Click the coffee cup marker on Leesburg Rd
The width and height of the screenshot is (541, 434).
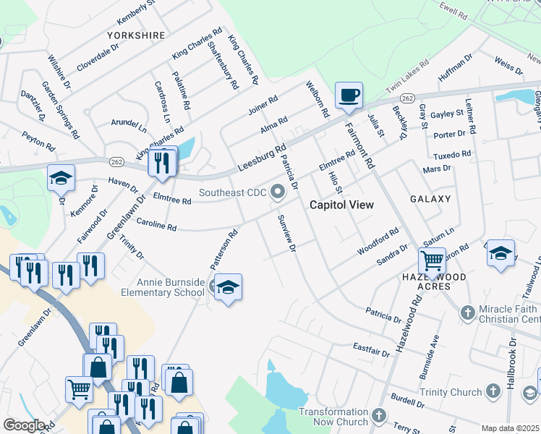[x=349, y=95]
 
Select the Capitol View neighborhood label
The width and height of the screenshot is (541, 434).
[x=341, y=205]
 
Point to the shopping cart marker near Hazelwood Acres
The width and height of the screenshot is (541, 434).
[x=432, y=260]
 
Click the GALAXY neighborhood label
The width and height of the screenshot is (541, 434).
[x=430, y=198]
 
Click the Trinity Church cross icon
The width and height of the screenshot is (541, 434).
[x=493, y=392]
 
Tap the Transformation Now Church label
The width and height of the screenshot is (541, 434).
[x=333, y=417]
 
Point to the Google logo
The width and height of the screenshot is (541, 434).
[x=23, y=425]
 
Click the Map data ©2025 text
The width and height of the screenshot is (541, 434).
[x=510, y=428]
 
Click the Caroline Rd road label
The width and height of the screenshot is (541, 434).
[x=156, y=226]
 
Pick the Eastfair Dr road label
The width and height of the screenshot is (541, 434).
[x=371, y=351]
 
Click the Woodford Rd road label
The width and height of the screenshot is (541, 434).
[x=378, y=242]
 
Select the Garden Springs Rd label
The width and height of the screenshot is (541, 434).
[x=60, y=109]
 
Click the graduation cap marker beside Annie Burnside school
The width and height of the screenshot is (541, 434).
[x=228, y=287]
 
